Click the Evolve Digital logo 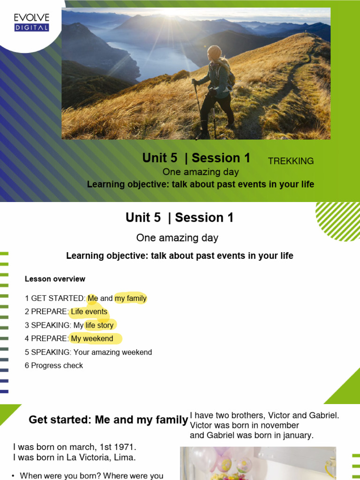pos(31,22)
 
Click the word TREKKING pos(291,161)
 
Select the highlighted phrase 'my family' pos(130,298)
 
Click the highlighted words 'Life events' pos(89,312)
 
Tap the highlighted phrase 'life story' pos(99,325)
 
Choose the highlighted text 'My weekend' pos(92,338)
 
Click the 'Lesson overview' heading pos(55,279)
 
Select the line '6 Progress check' pos(54,366)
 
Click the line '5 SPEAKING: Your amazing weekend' pos(88,352)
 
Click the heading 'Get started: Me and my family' pos(108,420)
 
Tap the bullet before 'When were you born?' pos(13,476)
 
